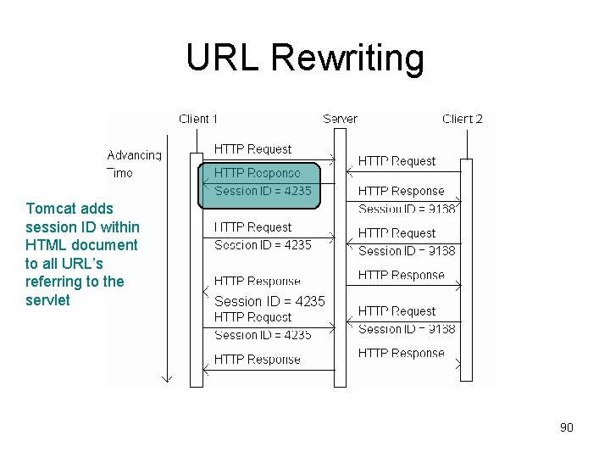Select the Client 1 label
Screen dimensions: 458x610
(198, 120)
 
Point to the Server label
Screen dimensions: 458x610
(340, 120)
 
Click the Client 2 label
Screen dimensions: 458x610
(463, 120)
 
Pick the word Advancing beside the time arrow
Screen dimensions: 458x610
(134, 155)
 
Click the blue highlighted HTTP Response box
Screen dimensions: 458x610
(259, 183)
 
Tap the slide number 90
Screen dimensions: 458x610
(566, 427)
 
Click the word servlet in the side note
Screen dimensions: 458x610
(47, 300)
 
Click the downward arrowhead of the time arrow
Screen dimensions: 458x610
(167, 377)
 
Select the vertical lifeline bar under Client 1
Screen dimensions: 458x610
(197, 271)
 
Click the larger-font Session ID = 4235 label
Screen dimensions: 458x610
(269, 301)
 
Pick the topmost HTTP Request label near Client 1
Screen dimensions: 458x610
(252, 149)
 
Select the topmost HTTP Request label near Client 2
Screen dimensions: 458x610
(396, 161)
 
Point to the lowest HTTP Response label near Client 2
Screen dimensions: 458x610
(401, 353)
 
